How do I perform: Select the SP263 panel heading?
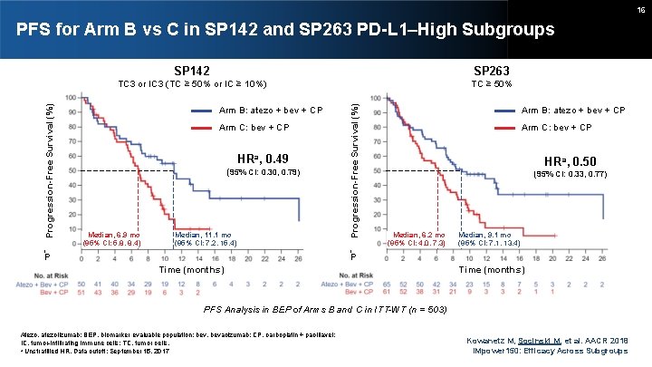(x=491, y=70)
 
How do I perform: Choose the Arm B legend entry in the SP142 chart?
(x=271, y=111)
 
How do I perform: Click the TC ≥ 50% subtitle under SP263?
(x=492, y=83)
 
